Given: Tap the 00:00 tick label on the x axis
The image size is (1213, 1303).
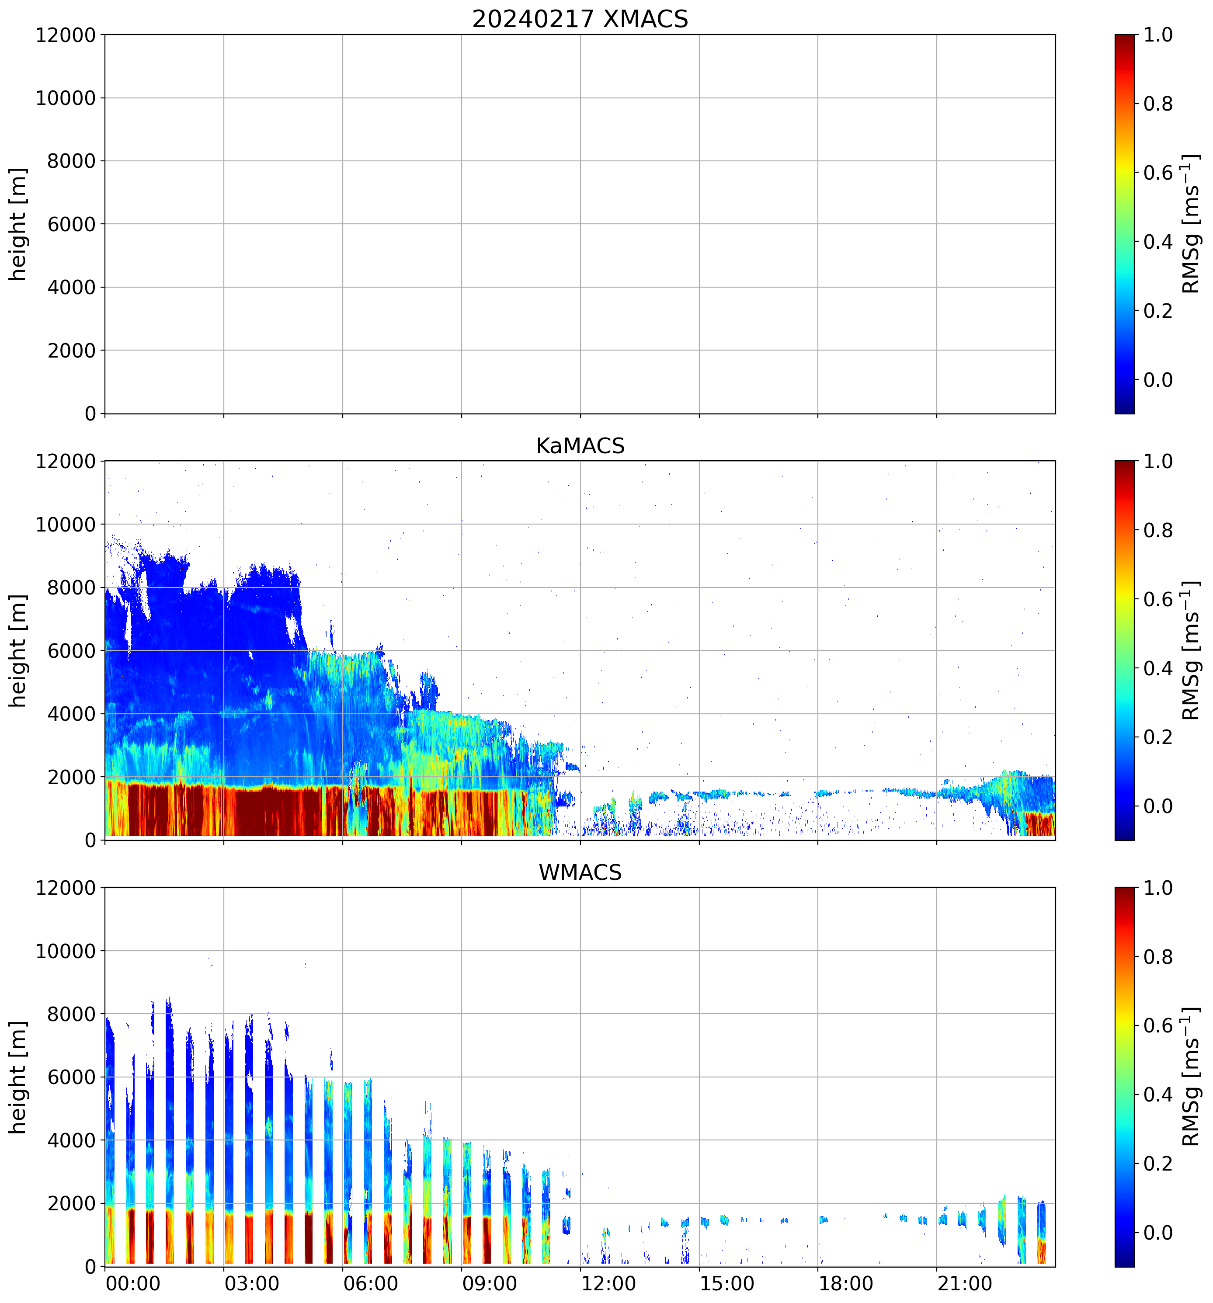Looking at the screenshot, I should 133,1283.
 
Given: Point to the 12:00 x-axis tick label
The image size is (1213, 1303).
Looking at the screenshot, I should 608,1283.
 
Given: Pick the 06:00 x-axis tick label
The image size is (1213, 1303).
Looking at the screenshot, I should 371,1283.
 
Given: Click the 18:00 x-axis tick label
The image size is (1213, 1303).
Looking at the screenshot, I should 846,1283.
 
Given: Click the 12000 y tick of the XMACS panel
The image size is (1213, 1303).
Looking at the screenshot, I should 66,35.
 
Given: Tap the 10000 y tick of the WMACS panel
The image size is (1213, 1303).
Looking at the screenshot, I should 66,951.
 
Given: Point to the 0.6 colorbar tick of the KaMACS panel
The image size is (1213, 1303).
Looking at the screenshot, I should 1157,599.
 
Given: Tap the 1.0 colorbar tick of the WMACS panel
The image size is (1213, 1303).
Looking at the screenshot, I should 1157,888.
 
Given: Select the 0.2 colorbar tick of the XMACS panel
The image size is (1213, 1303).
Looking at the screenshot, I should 1157,311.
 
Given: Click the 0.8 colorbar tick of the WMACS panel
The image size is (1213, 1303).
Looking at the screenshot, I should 1157,957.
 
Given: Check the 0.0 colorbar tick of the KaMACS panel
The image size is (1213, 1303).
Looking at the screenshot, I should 1157,806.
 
